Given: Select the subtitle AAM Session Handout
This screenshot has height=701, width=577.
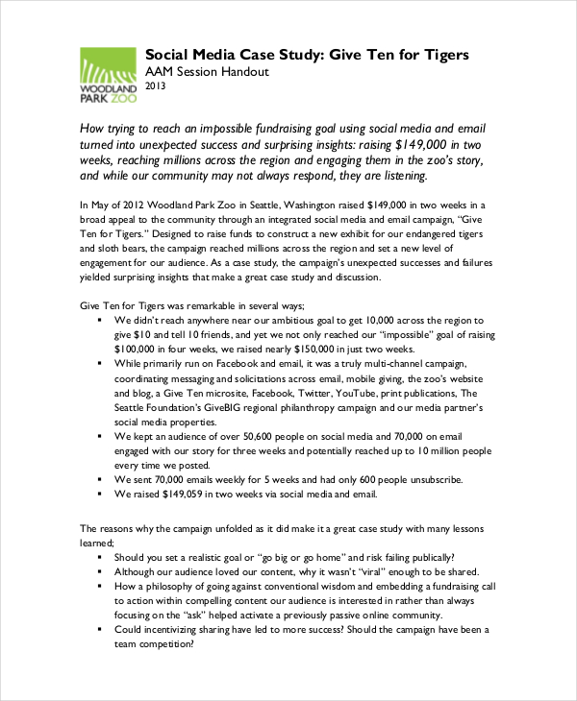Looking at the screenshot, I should [x=207, y=72].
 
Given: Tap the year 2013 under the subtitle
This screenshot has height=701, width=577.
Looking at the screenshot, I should [x=156, y=87].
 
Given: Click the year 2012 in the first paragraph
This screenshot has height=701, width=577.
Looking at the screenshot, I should [x=133, y=205].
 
